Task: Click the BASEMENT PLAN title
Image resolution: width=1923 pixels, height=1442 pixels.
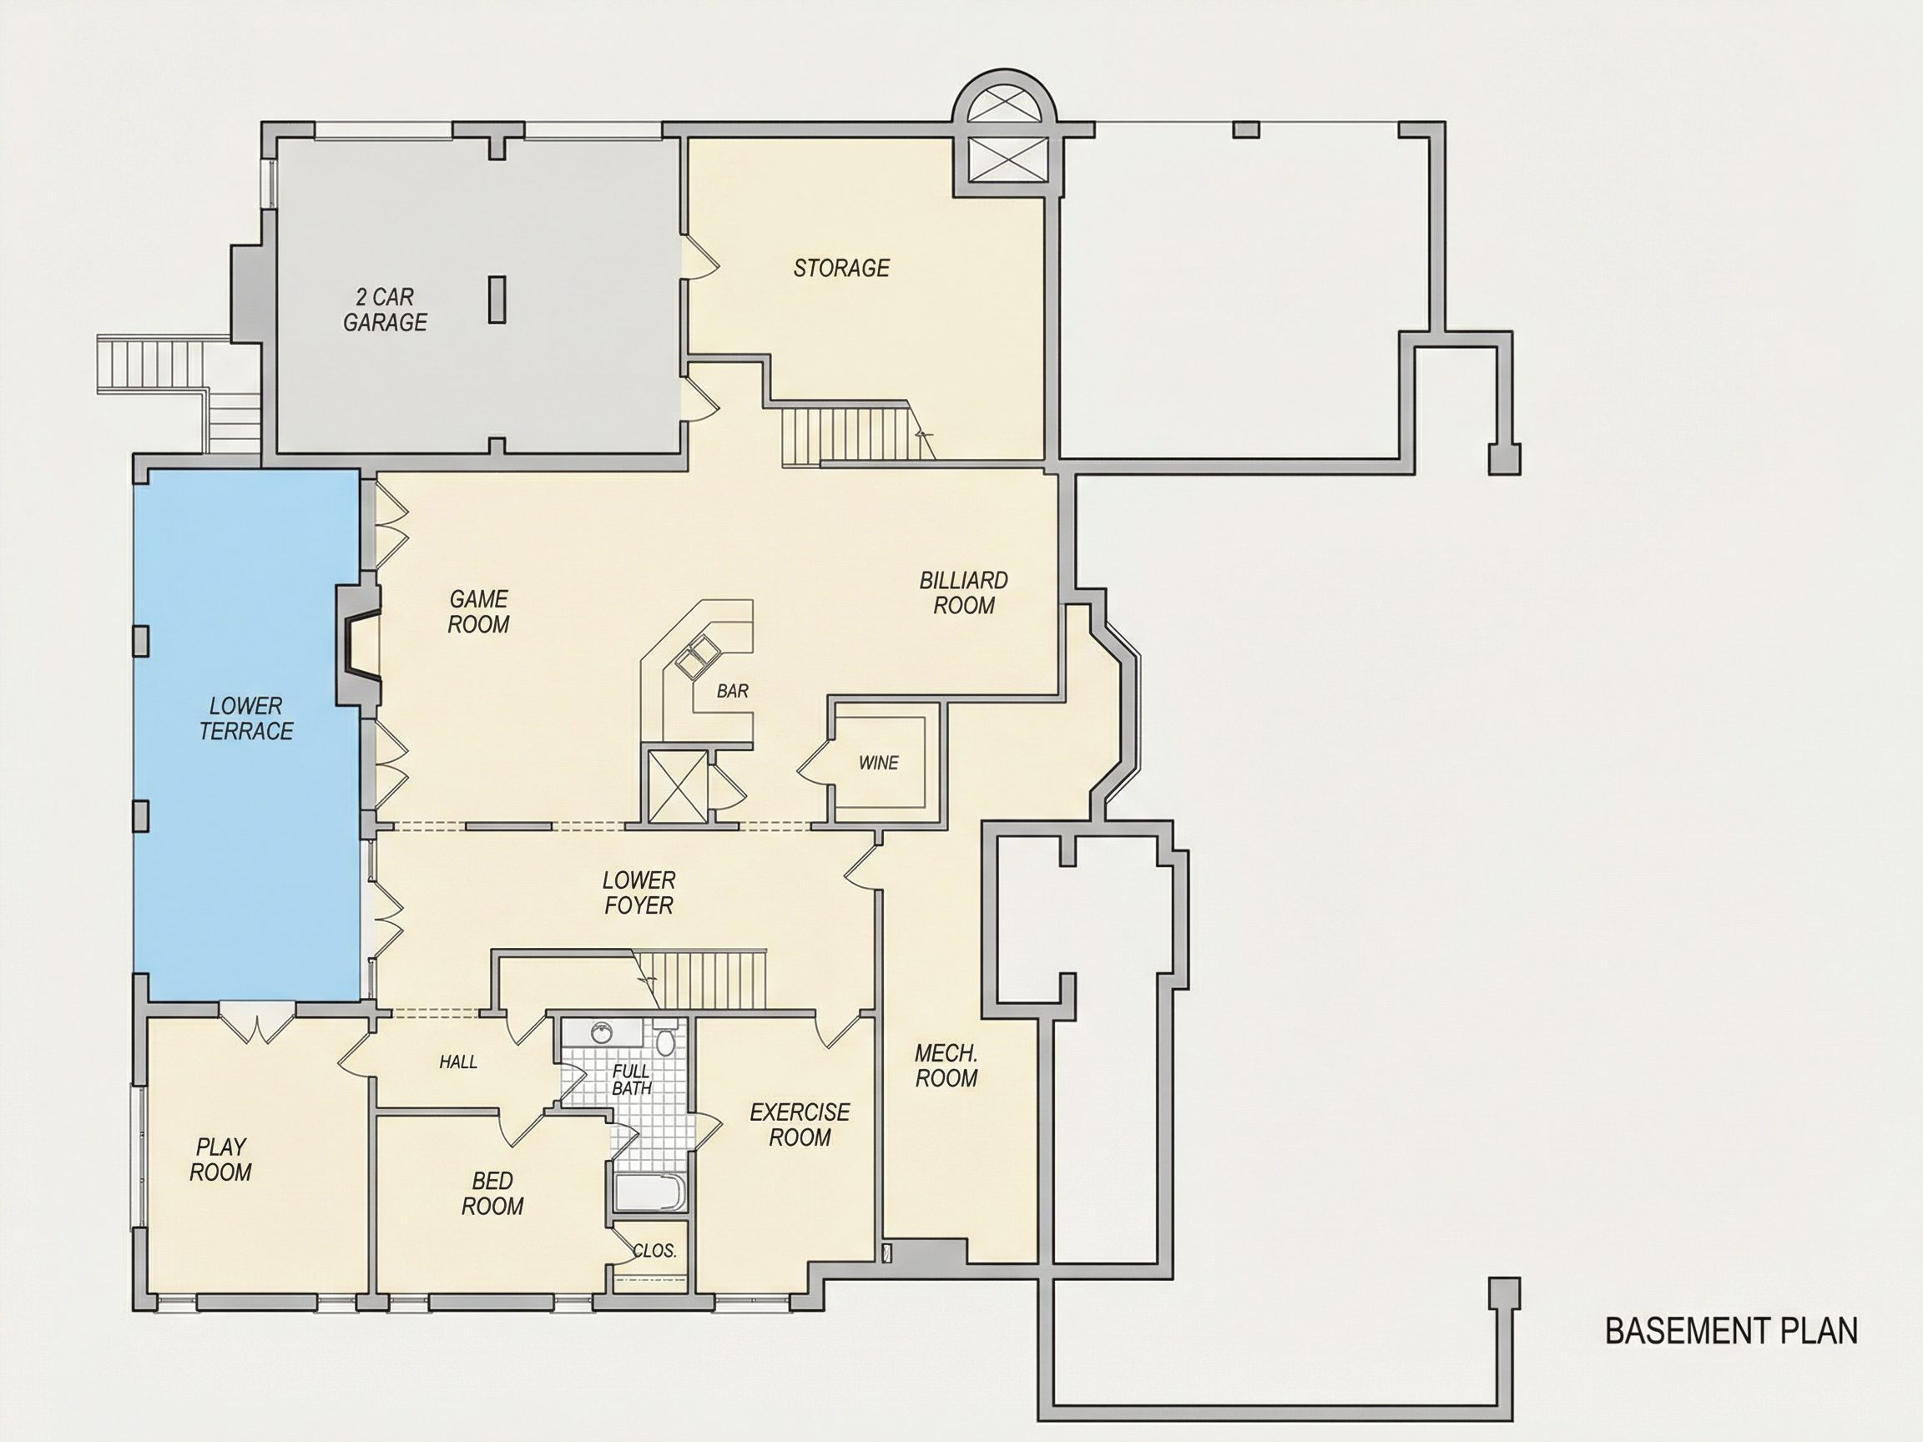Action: (x=1731, y=1331)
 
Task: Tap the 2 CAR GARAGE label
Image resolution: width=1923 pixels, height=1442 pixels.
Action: (x=385, y=310)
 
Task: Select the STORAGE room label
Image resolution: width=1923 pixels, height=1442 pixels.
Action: (x=841, y=268)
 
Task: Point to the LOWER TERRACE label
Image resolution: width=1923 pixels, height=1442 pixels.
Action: (x=246, y=718)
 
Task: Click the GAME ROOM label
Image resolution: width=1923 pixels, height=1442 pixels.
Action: (x=478, y=611)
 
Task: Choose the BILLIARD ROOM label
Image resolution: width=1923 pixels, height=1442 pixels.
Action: (x=963, y=592)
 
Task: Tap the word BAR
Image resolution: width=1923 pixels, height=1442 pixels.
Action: (x=732, y=691)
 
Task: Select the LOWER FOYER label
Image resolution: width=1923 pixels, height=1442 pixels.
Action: (x=639, y=893)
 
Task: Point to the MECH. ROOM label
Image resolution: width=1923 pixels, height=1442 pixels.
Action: (x=946, y=1066)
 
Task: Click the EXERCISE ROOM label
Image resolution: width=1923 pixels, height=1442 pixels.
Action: (x=800, y=1125)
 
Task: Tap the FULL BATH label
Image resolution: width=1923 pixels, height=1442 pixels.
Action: (x=631, y=1080)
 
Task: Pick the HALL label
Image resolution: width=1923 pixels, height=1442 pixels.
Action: (x=458, y=1061)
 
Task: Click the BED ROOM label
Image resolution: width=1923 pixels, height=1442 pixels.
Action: (x=492, y=1193)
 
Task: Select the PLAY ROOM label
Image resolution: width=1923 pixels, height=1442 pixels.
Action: (x=221, y=1159)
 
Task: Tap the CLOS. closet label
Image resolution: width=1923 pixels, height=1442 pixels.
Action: (x=654, y=1251)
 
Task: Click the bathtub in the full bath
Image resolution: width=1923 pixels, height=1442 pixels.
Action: (x=650, y=1193)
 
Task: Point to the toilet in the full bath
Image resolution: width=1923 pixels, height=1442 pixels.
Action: (x=666, y=1037)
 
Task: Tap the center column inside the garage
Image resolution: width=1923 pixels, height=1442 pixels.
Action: (x=497, y=299)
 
